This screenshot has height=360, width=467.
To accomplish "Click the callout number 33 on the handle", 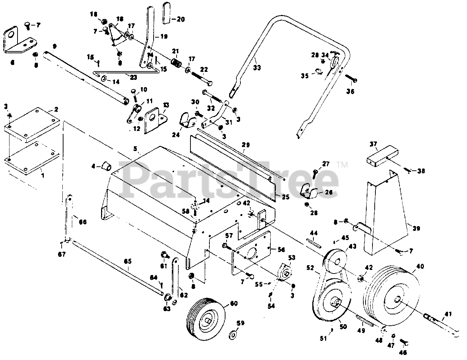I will click(257, 67).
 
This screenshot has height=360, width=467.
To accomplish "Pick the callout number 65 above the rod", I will click(128, 262).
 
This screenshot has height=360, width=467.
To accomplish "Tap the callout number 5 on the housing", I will click(135, 148).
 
